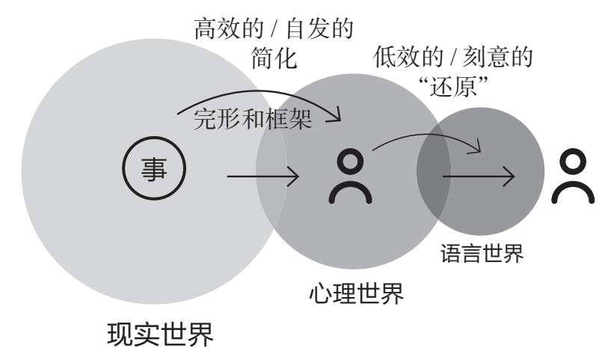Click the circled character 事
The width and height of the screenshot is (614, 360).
click(x=153, y=171)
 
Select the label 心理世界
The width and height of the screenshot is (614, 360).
click(x=357, y=293)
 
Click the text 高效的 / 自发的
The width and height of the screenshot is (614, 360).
click(x=274, y=30)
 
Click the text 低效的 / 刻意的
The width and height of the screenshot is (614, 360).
click(x=456, y=57)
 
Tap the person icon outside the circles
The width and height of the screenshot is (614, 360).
click(x=573, y=177)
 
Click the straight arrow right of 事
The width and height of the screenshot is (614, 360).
click(x=263, y=177)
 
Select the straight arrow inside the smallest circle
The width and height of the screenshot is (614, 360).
click(x=479, y=177)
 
